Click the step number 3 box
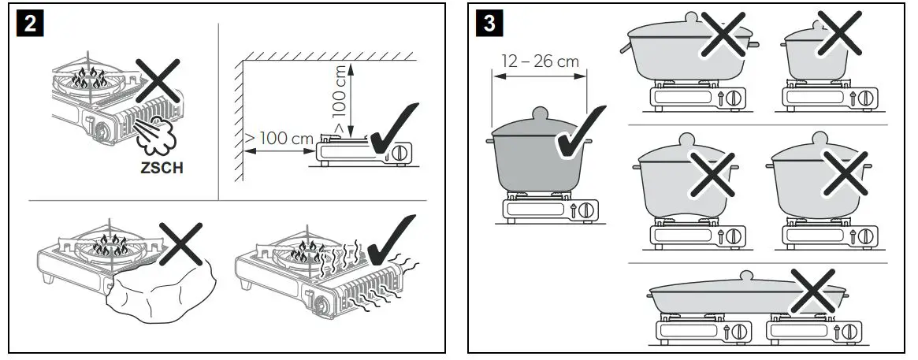coord(489,24)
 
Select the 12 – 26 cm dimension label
coord(540,61)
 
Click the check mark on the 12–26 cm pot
coord(580,134)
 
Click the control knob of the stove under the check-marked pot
coord(585,210)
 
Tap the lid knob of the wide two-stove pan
coord(744,276)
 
